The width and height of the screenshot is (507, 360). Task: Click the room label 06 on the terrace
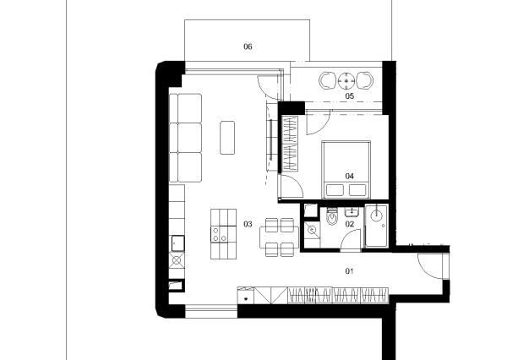(x=248, y=46)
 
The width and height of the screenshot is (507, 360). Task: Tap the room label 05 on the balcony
(x=350, y=95)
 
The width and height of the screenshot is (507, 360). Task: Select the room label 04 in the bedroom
(x=350, y=176)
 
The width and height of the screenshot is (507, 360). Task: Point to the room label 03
(x=248, y=224)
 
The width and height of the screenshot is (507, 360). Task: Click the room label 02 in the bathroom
(x=350, y=224)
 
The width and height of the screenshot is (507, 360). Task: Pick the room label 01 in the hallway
(x=350, y=271)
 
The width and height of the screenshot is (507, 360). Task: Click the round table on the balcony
(x=346, y=80)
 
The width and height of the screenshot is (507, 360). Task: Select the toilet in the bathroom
(x=332, y=215)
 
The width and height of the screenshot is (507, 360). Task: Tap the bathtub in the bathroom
(x=376, y=226)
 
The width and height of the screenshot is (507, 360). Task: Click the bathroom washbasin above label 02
(x=352, y=212)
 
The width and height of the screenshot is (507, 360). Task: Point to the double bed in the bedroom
(x=346, y=170)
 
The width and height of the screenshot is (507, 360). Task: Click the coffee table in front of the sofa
(x=227, y=138)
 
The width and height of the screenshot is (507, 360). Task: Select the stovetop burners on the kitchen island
(x=219, y=234)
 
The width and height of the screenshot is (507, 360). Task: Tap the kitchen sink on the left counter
(x=177, y=243)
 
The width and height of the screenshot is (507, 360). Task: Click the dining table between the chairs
(x=280, y=237)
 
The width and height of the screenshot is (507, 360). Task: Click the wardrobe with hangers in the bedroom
(x=290, y=144)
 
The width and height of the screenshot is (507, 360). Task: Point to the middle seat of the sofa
(x=189, y=138)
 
